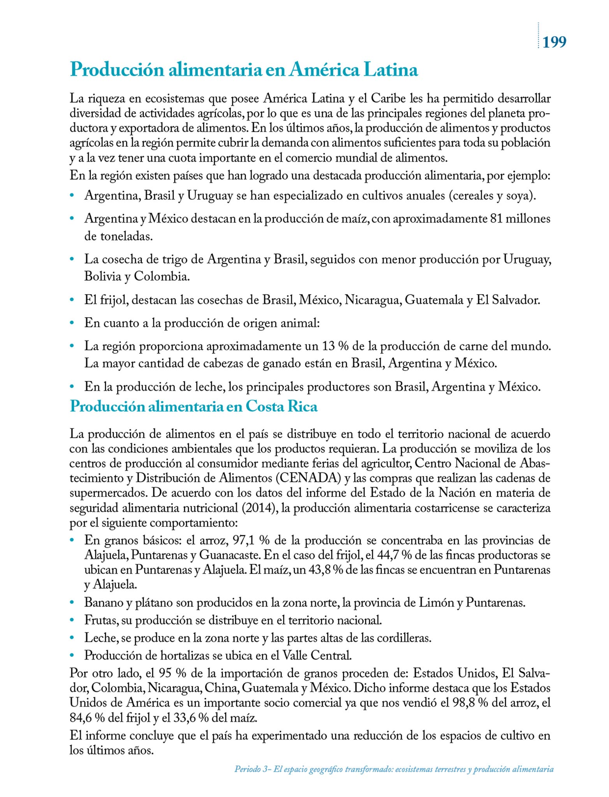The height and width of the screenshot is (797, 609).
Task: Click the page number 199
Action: click(x=554, y=42)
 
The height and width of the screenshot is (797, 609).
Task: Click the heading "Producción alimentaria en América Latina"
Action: click(x=244, y=70)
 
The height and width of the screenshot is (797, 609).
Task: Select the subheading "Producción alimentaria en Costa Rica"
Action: click(x=194, y=406)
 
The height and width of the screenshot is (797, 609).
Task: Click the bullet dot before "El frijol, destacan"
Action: click(x=72, y=300)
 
